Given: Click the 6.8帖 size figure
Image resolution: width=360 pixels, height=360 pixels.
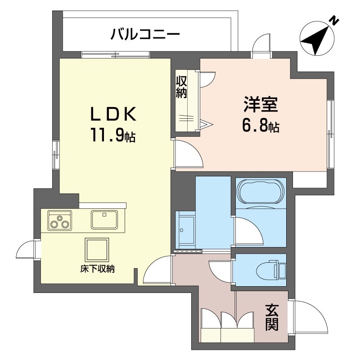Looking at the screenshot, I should [261, 126].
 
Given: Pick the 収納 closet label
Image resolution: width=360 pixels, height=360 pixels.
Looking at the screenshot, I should [181, 87].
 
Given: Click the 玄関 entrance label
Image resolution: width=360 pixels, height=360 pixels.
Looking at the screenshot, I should [271, 317].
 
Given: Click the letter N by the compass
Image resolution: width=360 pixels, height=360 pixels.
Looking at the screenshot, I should [334, 20].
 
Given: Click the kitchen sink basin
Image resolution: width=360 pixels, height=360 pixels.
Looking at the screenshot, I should [105, 220].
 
